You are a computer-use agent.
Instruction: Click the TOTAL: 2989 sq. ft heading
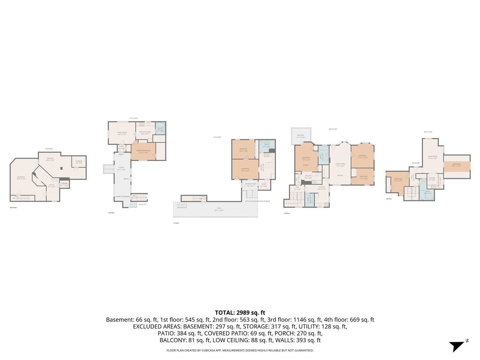coord(240,313)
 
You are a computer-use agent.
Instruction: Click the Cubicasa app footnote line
coord(240,350)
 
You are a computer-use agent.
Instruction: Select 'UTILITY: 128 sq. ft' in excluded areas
coord(322,326)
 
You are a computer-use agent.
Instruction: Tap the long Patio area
coord(216,209)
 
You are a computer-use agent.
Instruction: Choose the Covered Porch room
coord(251,185)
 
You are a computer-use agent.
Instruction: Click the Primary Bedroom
coord(143,151)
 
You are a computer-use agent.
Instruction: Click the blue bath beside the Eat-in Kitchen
coord(160,129)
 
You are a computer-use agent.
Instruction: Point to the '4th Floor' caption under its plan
coord(389,199)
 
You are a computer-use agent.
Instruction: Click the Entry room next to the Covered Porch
coord(264,185)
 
